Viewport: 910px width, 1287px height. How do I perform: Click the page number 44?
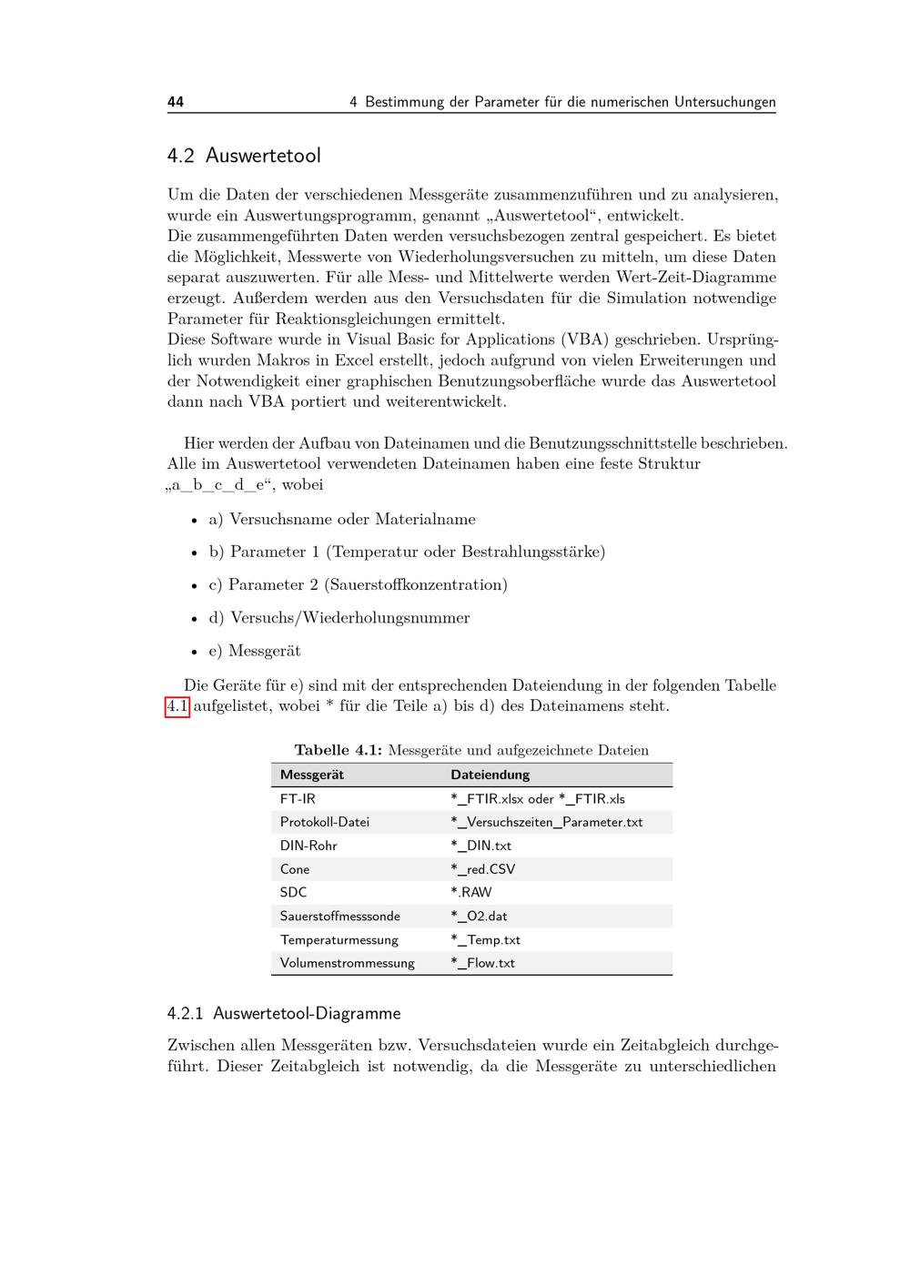(x=176, y=102)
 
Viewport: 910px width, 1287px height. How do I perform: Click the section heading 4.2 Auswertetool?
(x=244, y=156)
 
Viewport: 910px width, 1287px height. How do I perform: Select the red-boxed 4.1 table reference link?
(x=177, y=706)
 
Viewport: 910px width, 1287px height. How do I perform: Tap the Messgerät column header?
(x=312, y=775)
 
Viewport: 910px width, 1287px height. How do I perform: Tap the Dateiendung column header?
(x=490, y=775)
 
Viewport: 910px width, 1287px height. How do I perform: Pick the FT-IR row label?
(x=298, y=798)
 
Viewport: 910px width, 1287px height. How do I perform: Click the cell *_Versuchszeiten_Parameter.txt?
(x=546, y=822)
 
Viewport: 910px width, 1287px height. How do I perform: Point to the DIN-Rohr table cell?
(x=308, y=846)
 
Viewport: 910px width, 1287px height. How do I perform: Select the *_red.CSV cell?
(x=482, y=869)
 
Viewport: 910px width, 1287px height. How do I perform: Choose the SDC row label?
(x=293, y=892)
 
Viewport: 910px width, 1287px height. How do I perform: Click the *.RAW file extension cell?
(x=470, y=892)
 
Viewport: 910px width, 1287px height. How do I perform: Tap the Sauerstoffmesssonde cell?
(x=339, y=916)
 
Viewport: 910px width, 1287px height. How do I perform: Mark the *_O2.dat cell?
(x=479, y=916)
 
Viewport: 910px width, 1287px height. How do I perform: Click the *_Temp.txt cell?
(x=485, y=939)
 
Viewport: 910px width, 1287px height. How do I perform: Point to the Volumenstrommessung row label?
(x=347, y=963)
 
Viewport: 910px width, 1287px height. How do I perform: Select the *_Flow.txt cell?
(x=482, y=963)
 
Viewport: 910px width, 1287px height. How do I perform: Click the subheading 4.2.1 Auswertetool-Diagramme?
(x=284, y=1013)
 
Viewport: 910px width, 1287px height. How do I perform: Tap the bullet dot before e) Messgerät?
(x=194, y=652)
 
